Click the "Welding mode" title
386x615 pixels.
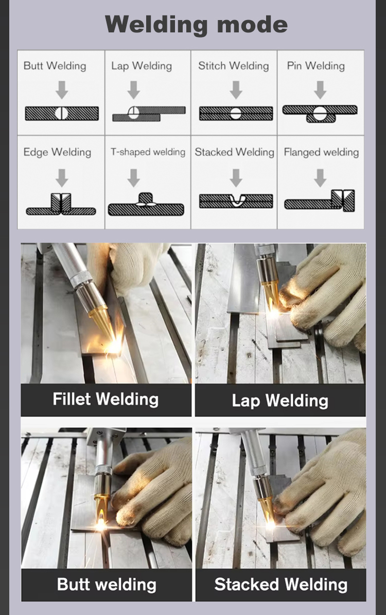(196, 24)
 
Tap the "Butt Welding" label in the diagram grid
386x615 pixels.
(55, 65)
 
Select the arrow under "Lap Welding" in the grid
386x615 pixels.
(133, 90)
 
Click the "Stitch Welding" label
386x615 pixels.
(233, 65)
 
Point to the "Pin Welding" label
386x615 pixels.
(315, 65)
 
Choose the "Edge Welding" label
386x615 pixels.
(57, 152)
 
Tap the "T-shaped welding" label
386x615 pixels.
(148, 152)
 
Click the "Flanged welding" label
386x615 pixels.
(321, 152)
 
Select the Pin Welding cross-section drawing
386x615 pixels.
(320, 114)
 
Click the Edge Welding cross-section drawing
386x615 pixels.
(61, 204)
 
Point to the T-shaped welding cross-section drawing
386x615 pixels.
(146, 204)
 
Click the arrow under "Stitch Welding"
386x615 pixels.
(236, 90)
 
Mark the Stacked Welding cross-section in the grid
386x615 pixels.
(236, 201)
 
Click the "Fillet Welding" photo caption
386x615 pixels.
(106, 399)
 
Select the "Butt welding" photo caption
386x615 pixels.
(107, 585)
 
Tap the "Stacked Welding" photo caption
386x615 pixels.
(281, 585)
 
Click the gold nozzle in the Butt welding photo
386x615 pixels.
(102, 507)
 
